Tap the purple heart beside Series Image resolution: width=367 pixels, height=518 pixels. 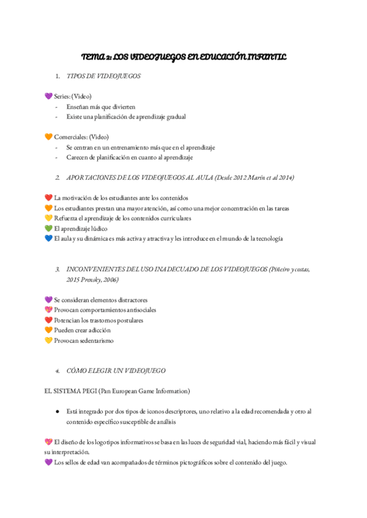(49, 97)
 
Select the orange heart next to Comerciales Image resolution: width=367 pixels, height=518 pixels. (49, 137)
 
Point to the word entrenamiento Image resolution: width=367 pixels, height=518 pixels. (130, 147)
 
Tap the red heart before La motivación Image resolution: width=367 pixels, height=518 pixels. (49, 198)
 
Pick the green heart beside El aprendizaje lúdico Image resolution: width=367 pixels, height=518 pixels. (49, 228)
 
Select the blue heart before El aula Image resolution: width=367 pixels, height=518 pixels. (49, 239)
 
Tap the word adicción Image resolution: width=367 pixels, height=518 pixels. (99, 330)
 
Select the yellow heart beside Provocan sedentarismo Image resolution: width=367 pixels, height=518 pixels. (49, 341)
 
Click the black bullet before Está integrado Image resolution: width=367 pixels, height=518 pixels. (57, 412)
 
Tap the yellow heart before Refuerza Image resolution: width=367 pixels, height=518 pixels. (49, 219)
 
